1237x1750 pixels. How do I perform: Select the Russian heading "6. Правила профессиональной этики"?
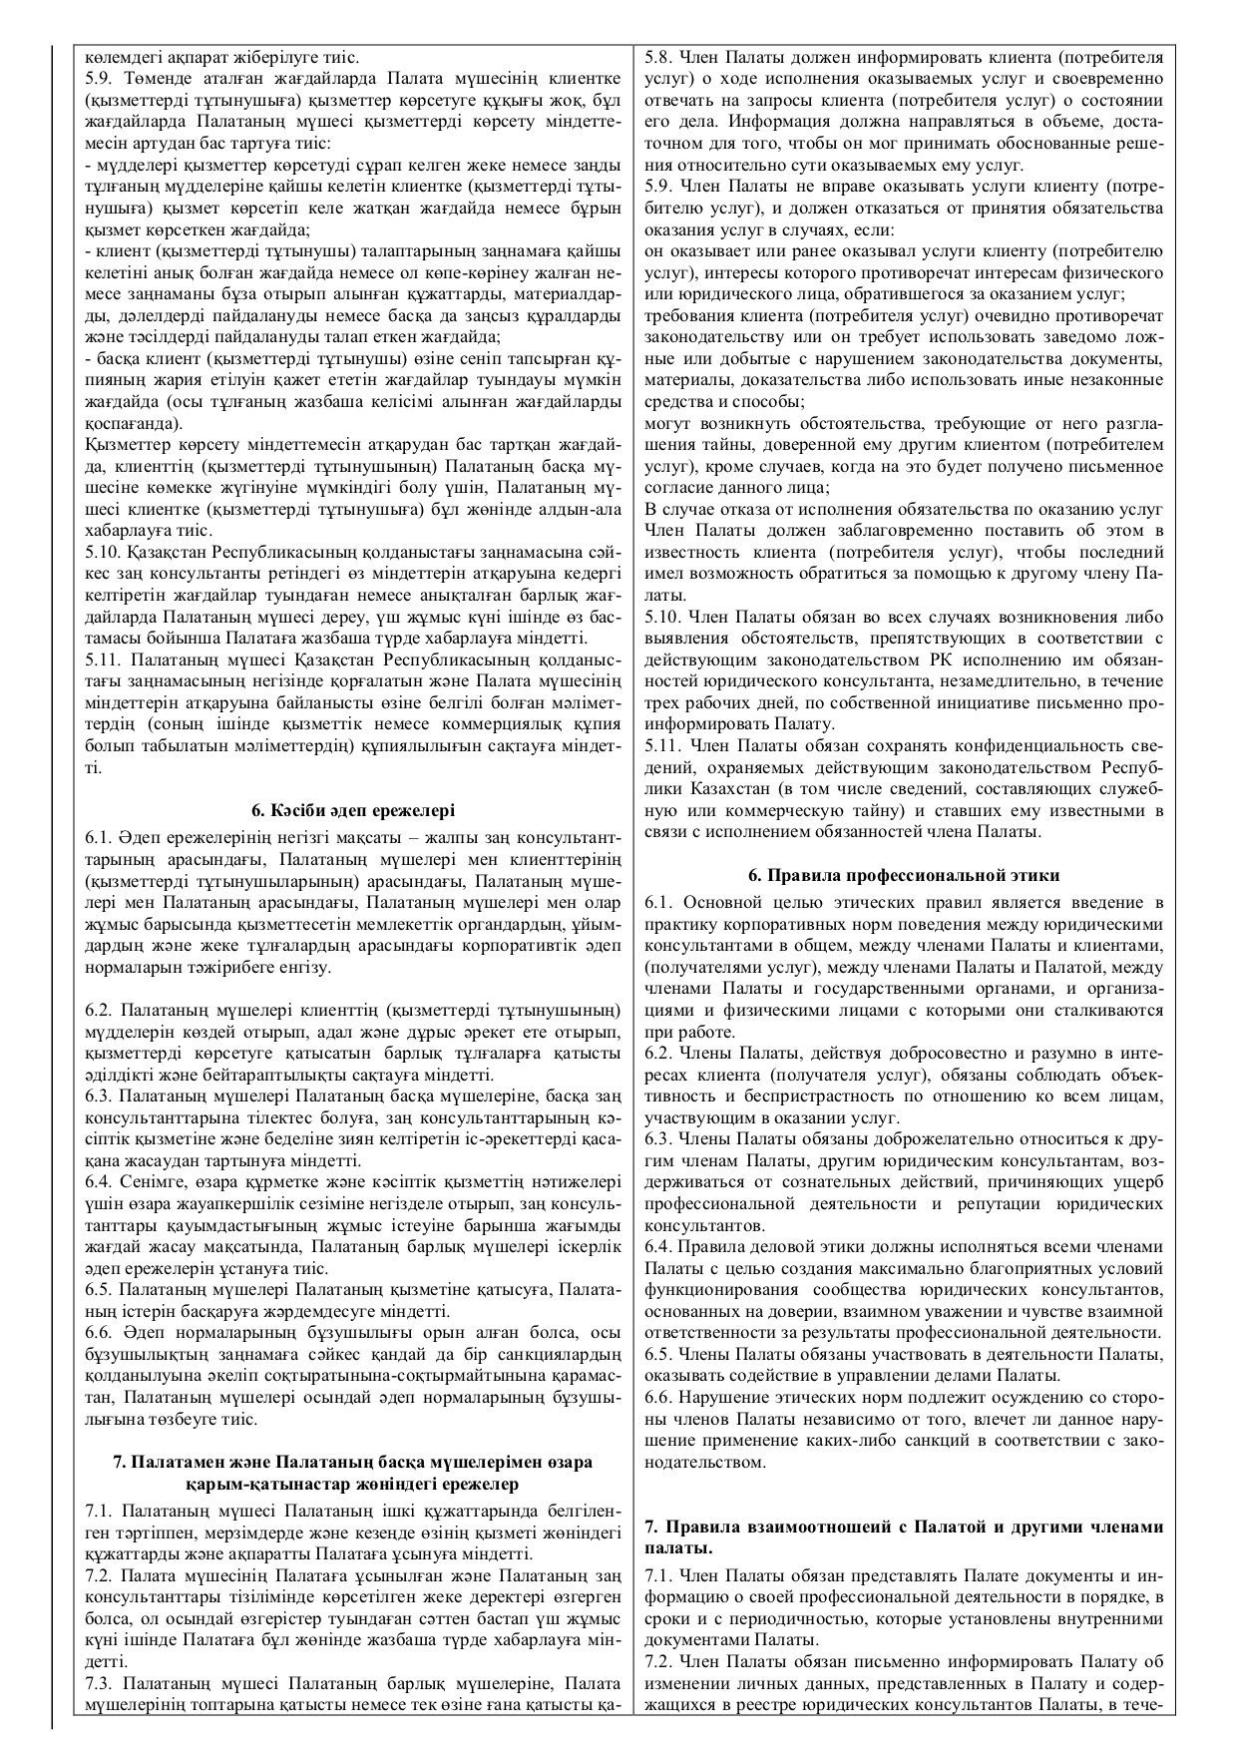tap(904, 875)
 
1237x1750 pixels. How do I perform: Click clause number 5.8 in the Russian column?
tap(660, 58)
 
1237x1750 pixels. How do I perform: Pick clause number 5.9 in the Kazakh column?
tap(101, 78)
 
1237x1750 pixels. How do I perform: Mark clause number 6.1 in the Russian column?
tap(660, 902)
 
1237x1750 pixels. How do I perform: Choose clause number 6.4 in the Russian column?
tap(660, 1247)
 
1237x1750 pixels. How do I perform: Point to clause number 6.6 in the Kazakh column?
tap(101, 1333)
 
